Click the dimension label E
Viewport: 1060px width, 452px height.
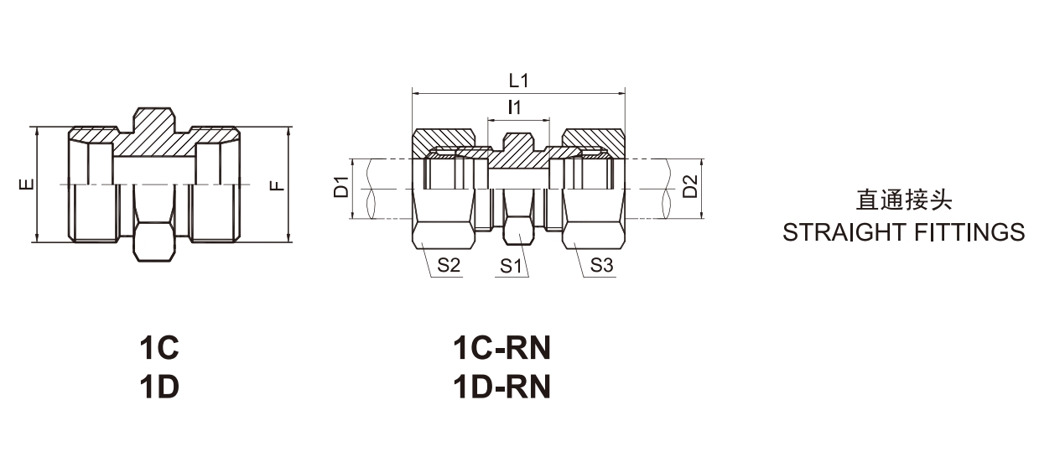(x=28, y=184)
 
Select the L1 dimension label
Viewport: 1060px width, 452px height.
(x=519, y=81)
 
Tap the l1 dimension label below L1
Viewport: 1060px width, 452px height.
(x=516, y=107)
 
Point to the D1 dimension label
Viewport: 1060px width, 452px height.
(x=341, y=188)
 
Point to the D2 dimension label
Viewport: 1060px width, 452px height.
(x=689, y=188)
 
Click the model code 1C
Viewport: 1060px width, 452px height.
(x=159, y=347)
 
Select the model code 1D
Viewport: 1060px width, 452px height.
(x=159, y=387)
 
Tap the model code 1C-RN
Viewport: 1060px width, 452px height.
(x=501, y=347)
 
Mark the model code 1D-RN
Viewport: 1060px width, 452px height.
(x=501, y=387)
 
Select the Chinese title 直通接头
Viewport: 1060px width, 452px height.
(x=903, y=200)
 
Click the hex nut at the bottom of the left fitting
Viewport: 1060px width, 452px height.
(x=153, y=240)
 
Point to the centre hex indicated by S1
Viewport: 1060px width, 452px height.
(x=517, y=231)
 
